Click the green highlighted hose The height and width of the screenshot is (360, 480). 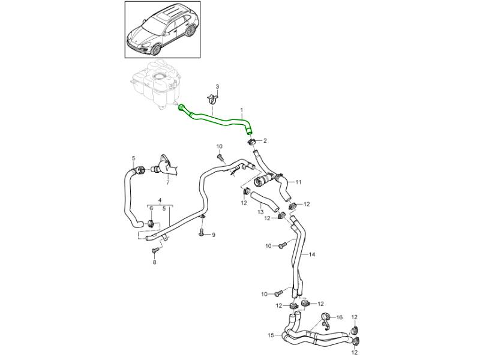coord(216,118)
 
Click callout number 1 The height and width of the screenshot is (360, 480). coord(242,110)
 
